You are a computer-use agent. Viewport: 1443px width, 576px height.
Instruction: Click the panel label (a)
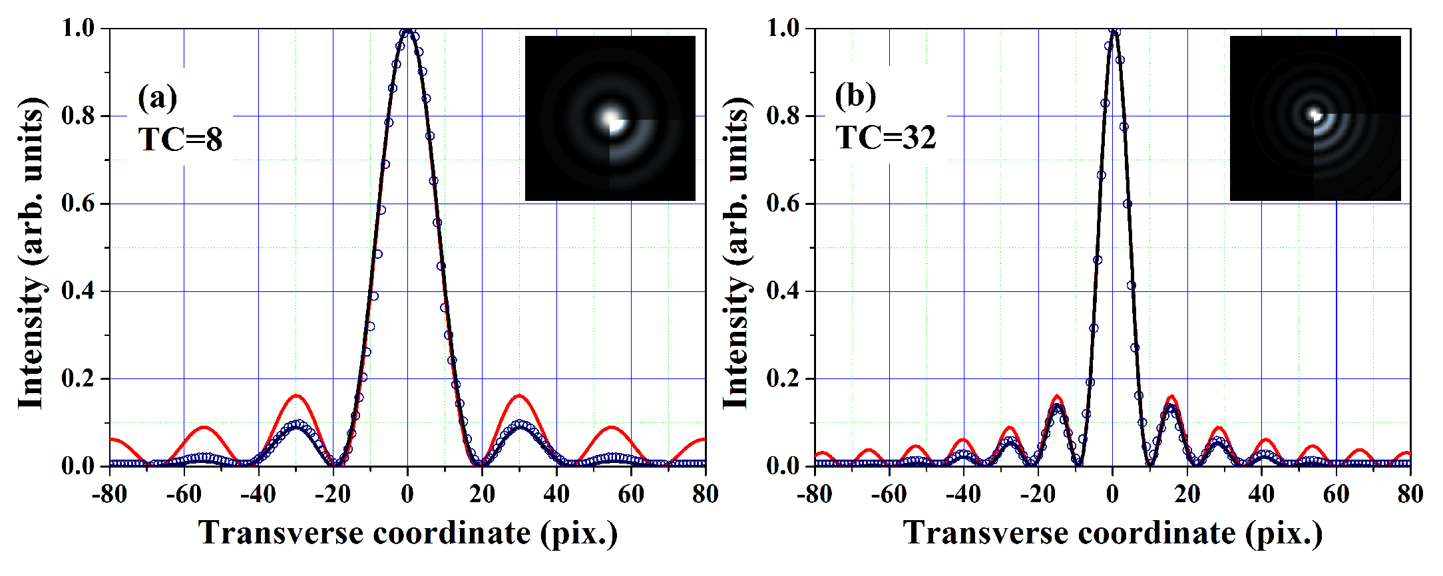tap(158, 98)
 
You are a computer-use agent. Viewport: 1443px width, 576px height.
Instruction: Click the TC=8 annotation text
tap(180, 139)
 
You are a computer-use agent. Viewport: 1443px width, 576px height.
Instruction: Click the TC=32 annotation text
tap(886, 137)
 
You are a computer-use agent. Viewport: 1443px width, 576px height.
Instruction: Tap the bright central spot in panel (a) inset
tap(610, 118)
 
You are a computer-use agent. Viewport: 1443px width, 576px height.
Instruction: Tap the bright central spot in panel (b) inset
tap(1315, 114)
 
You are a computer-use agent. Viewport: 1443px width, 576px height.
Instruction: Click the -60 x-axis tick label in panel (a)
tap(184, 494)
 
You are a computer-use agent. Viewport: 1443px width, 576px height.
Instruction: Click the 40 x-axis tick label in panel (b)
tap(1261, 494)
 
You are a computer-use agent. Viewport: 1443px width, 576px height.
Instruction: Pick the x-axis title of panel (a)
tap(407, 533)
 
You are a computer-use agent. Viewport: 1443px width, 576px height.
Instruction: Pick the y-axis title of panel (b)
tap(735, 253)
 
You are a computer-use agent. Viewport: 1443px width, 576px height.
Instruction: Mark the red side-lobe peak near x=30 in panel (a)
tap(519, 396)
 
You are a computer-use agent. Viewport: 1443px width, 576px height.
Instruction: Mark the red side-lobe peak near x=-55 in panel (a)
tap(204, 427)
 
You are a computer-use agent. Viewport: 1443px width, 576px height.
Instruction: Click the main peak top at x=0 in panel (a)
tap(407, 30)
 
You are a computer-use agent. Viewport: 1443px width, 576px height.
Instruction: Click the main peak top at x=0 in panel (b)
tap(1113, 30)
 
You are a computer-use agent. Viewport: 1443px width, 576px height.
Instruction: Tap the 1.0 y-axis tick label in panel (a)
tap(79, 28)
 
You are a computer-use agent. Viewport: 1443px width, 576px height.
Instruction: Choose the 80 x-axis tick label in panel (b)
tap(1410, 494)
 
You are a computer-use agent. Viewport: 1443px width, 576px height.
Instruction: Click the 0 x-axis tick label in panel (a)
tap(407, 494)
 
